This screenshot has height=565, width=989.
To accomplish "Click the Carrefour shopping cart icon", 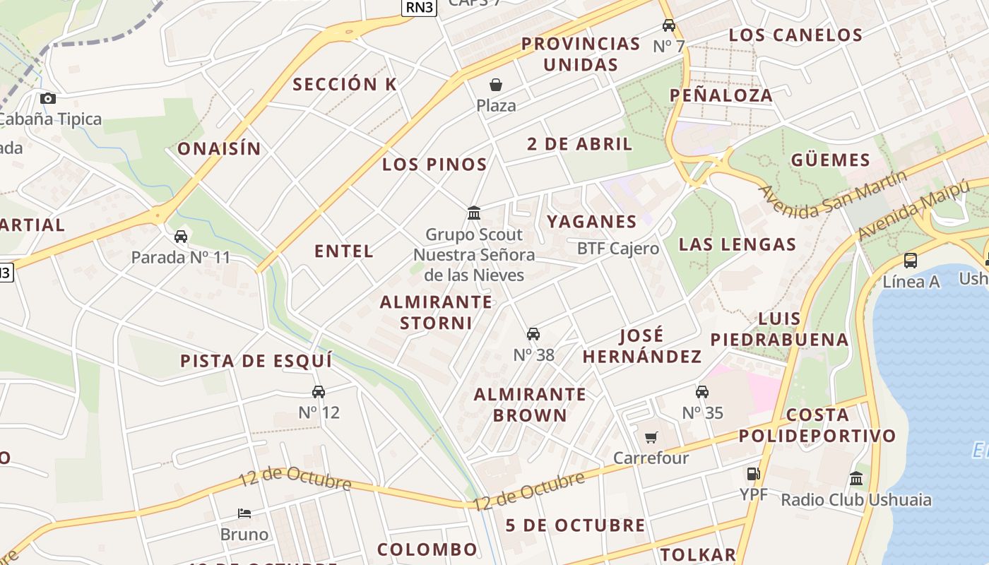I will pos(651,437).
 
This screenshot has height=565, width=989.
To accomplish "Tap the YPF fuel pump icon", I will pos(754,474).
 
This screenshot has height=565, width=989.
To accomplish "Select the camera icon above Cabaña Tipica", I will pos(47,98).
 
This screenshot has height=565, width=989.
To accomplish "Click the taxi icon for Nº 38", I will pos(533,334).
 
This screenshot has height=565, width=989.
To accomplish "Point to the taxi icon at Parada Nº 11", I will pos(181,237).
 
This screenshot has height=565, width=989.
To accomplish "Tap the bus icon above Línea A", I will pos(911,261).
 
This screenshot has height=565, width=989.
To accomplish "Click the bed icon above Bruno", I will pos(244,513).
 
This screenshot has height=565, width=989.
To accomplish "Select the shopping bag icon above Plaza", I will pos(496,85).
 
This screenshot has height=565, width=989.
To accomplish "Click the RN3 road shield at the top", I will pos(420,7).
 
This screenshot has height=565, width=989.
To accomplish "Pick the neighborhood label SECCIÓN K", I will pos(345,84).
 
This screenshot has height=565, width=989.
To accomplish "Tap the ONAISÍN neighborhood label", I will pos(219,149).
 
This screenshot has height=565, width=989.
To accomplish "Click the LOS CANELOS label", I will pos(795,35).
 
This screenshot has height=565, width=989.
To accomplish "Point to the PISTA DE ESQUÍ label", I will pos(256,361).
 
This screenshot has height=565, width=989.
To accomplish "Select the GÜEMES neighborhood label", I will pos(830,160).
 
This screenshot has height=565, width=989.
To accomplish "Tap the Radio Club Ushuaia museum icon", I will pos(856,479).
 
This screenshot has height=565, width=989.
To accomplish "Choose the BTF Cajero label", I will pos(618,249).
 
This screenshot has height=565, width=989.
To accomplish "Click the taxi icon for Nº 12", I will pos(319,392).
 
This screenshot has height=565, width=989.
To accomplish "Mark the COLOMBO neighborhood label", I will pos(427,549).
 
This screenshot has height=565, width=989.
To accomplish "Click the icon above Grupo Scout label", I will pos(474,213).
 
